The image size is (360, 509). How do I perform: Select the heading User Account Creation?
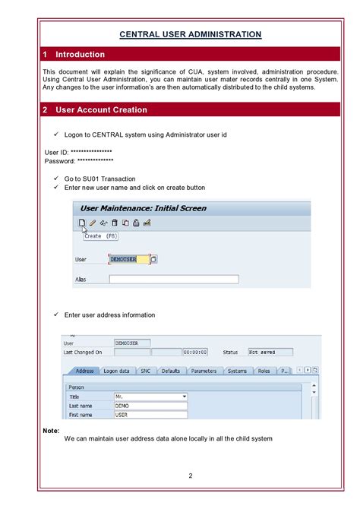102,110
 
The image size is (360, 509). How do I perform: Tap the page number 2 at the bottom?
191,476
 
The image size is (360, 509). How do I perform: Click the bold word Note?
52,431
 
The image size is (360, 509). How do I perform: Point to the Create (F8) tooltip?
100,236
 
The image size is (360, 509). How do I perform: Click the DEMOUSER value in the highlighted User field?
122,259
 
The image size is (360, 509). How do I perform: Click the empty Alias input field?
173,280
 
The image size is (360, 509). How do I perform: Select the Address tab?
84,371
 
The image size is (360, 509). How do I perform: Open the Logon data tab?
116,371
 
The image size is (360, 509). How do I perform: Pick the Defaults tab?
171,371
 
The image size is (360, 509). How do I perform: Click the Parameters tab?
204,371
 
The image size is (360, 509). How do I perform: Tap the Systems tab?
237,371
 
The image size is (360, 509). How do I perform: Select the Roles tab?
264,371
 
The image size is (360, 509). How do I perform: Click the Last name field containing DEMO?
150,406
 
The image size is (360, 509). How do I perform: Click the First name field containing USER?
150,415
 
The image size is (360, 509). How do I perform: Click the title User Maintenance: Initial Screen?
144,208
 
